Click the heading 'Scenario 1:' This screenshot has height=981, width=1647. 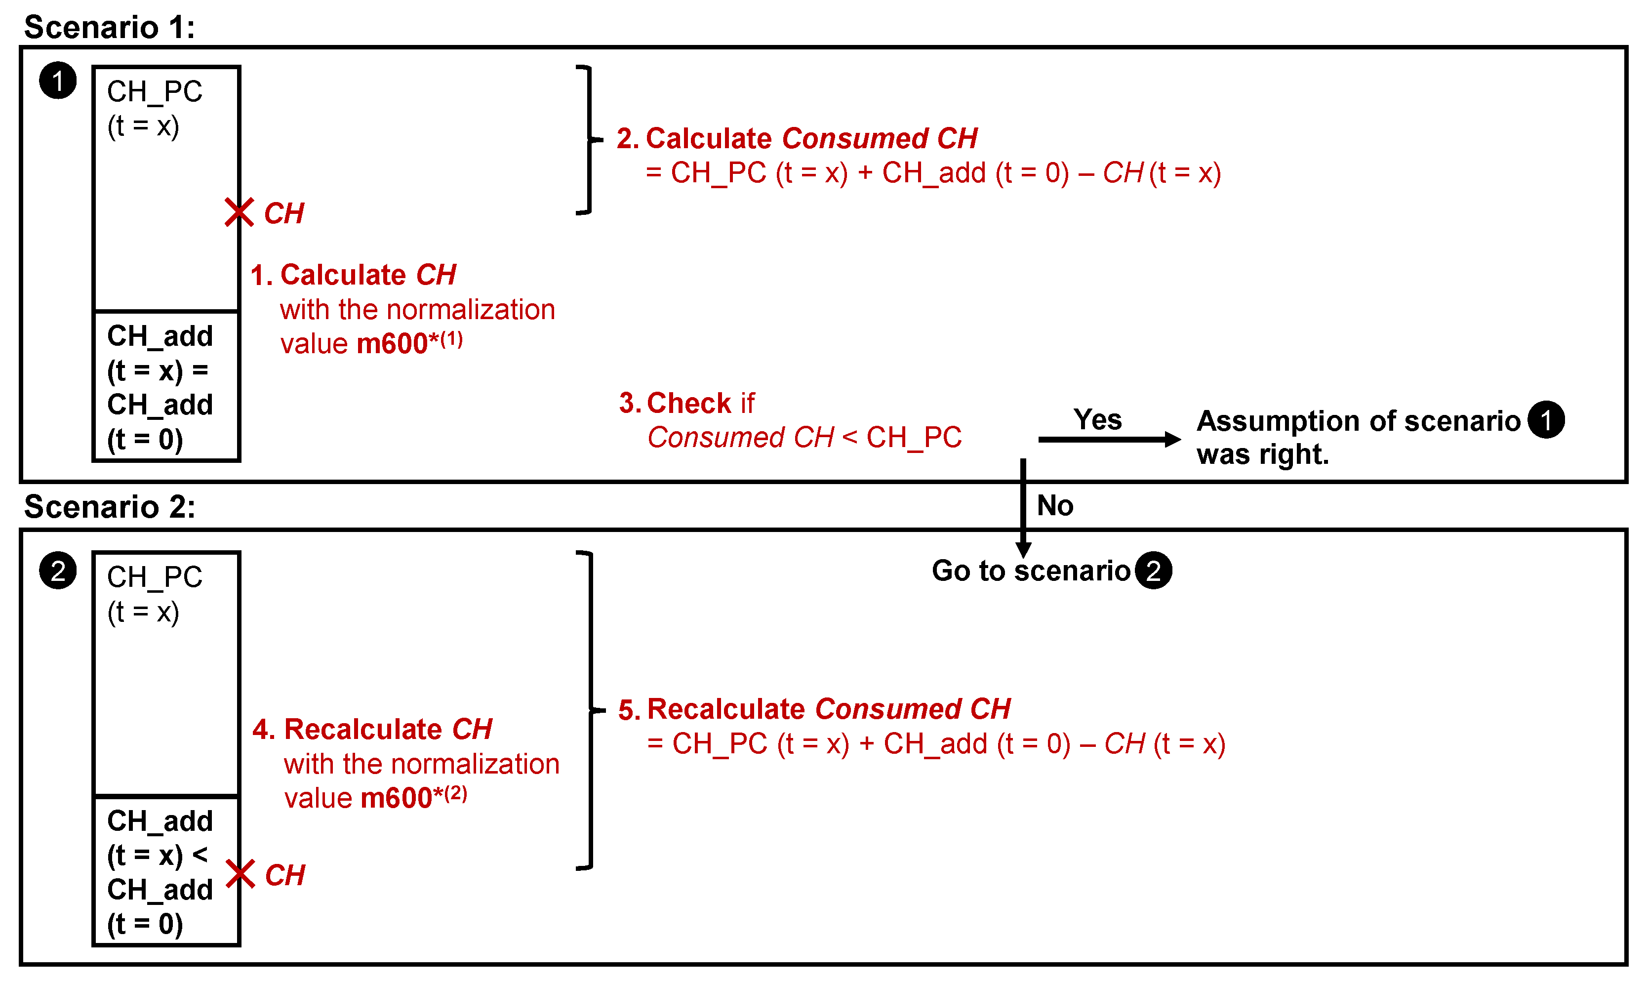point(110,28)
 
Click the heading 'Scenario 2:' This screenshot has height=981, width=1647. point(110,507)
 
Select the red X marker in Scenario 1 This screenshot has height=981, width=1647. point(239,212)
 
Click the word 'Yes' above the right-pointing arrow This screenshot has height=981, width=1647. point(1097,420)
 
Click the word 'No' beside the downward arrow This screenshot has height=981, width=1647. point(1055,506)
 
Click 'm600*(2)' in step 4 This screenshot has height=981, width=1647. point(413,797)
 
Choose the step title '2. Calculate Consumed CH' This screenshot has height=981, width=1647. point(797,139)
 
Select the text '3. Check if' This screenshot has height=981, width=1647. point(686,403)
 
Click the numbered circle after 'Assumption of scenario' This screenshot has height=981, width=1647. point(1546,420)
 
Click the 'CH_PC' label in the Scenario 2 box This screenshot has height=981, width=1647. point(155,577)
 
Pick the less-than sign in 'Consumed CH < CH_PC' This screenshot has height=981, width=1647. point(849,437)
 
